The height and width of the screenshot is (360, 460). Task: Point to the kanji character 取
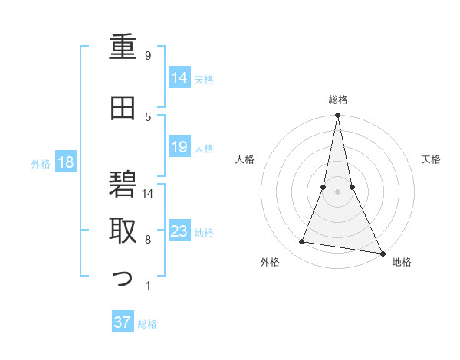pyautogui.click(x=123, y=231)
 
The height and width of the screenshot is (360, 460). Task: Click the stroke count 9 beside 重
pyautogui.click(x=148, y=56)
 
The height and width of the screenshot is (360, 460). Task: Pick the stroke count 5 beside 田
pyautogui.click(x=148, y=116)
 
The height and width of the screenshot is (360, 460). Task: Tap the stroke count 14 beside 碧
pyautogui.click(x=149, y=193)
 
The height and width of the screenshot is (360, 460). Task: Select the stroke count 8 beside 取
pyautogui.click(x=148, y=240)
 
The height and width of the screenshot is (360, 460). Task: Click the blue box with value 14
pyautogui.click(x=179, y=77)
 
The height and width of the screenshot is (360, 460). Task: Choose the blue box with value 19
pyautogui.click(x=179, y=147)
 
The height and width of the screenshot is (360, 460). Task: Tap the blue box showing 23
pyautogui.click(x=179, y=231)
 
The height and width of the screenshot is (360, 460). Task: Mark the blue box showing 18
pyautogui.click(x=66, y=162)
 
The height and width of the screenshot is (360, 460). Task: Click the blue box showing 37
pyautogui.click(x=123, y=322)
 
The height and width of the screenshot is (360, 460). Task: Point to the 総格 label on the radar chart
pyautogui.click(x=337, y=100)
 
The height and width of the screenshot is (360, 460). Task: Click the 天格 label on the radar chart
pyautogui.click(x=432, y=159)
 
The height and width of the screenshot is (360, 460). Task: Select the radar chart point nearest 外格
pyautogui.click(x=302, y=242)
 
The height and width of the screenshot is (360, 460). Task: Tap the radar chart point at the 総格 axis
pyautogui.click(x=337, y=116)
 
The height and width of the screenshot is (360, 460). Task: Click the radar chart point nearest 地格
pyautogui.click(x=382, y=253)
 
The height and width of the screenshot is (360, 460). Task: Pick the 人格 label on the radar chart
pyautogui.click(x=245, y=159)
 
